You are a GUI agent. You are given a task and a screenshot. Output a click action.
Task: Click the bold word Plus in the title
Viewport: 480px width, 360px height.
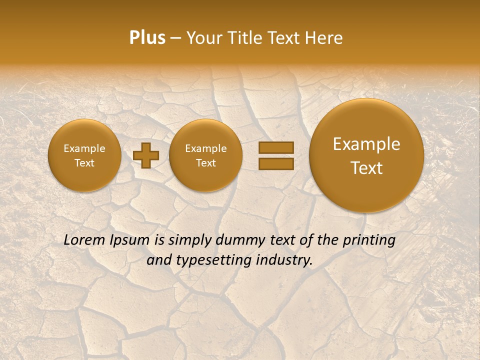tap(147, 38)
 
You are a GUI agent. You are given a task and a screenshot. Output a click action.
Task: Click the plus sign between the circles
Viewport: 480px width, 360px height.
tap(146, 155)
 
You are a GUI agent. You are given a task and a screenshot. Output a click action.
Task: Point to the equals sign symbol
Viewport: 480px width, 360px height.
tap(276, 155)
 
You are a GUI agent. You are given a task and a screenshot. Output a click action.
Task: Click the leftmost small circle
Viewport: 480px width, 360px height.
tap(84, 155)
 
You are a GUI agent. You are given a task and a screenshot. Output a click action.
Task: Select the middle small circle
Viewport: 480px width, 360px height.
tap(206, 155)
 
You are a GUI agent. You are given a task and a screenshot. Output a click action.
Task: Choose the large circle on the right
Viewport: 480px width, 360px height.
tap(366, 155)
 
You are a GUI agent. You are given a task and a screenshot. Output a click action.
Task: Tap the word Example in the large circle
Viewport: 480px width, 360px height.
tap(366, 144)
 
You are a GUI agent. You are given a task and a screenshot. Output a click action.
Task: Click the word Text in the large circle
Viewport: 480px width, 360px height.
tap(366, 168)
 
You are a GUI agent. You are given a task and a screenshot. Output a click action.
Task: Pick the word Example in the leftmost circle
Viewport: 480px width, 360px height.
tap(84, 148)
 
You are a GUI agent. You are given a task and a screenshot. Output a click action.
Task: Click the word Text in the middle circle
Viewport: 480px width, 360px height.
tap(206, 163)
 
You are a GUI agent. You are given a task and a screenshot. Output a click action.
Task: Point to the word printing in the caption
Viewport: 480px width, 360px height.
tap(369, 240)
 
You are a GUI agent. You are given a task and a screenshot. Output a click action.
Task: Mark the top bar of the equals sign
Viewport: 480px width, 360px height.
tap(276, 147)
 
